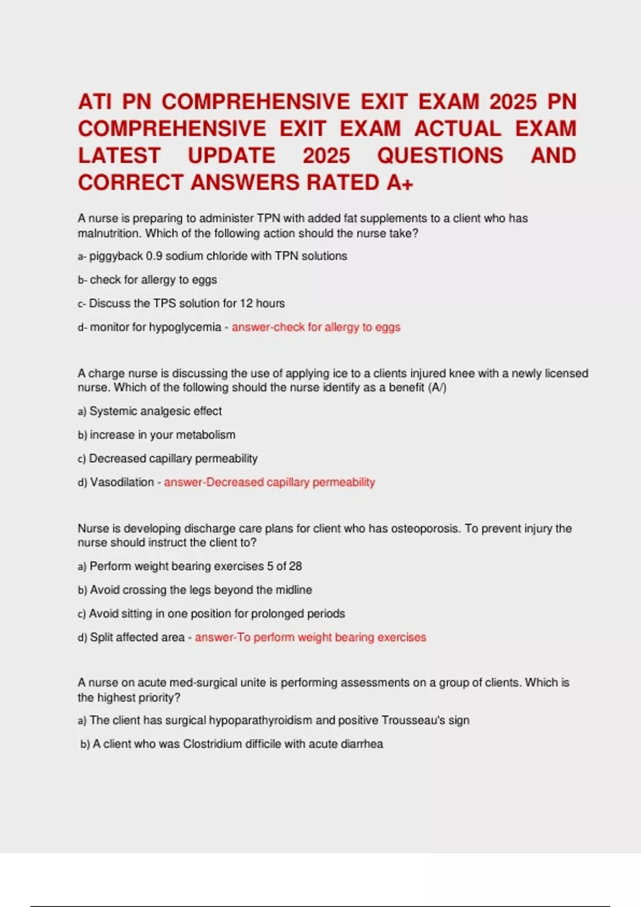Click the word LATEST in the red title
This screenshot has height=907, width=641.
119,156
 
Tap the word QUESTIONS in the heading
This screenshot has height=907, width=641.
440,156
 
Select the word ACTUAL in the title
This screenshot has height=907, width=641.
458,129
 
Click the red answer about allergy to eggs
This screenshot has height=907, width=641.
316,327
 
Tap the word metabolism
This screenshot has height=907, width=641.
206,435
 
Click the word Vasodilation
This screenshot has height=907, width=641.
122,482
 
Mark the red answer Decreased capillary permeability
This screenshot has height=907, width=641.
269,482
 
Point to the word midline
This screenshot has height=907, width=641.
294,590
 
